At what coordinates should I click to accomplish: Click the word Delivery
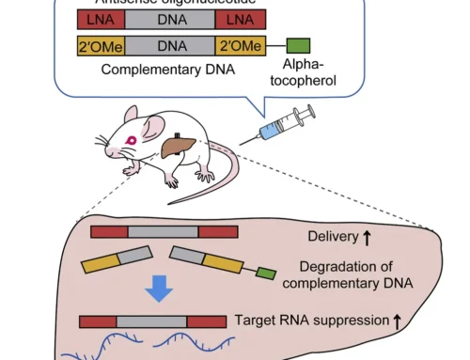[334, 235]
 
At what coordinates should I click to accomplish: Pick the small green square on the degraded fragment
[266, 274]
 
